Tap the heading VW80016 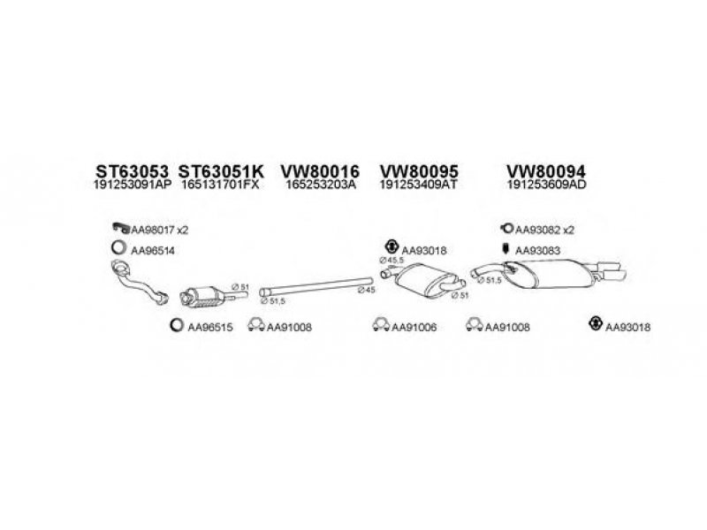pos(320,170)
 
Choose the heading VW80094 pos(546,170)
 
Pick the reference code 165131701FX pos(218,186)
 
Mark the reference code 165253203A pos(320,186)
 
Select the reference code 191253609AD pos(546,186)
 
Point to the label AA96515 pos(210,327)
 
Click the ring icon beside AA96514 pos(118,249)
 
